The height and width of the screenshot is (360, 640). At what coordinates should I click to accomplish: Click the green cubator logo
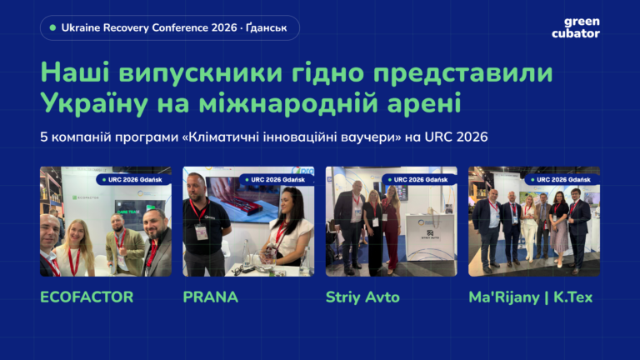click(576, 27)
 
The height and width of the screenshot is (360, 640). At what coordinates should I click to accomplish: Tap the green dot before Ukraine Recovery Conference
click(52, 27)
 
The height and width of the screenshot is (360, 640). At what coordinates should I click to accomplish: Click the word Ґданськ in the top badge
click(266, 27)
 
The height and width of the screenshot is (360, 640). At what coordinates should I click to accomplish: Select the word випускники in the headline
click(201, 72)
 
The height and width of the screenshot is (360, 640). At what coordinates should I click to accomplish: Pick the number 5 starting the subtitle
click(44, 137)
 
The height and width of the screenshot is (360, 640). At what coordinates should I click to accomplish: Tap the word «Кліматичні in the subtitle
click(221, 137)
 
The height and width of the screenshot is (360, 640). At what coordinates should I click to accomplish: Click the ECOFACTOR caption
click(87, 297)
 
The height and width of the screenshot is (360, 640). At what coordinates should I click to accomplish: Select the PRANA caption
click(210, 297)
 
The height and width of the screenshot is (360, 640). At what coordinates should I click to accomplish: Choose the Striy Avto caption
click(362, 297)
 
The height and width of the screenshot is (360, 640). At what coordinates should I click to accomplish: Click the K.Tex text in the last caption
click(572, 297)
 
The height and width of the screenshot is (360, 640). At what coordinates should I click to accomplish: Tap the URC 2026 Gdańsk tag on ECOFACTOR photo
click(133, 180)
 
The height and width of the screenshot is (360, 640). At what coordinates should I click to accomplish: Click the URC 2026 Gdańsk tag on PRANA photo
click(277, 180)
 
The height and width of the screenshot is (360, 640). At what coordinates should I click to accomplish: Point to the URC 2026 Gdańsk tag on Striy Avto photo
click(419, 180)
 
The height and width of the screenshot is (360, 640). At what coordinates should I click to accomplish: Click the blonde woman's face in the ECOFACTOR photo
click(76, 235)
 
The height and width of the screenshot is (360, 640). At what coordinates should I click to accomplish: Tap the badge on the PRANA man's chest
click(201, 232)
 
